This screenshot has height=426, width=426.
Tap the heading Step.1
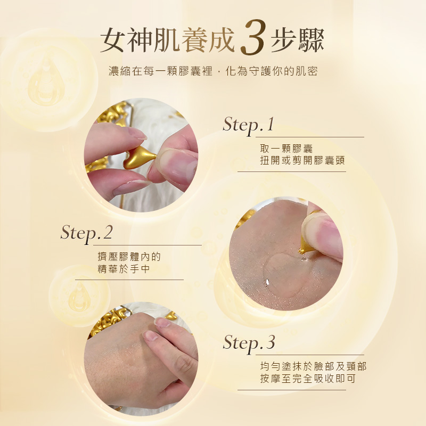[248, 125]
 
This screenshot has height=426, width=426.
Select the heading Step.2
[86, 233]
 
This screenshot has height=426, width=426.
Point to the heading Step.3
[249, 343]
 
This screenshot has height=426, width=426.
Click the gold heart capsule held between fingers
[139, 158]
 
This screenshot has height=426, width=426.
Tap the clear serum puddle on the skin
[283, 274]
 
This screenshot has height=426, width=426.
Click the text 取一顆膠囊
[286, 149]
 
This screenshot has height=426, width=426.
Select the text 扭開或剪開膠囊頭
[302, 160]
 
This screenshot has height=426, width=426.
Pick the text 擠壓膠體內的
[129, 257]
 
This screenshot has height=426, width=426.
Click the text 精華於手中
[124, 269]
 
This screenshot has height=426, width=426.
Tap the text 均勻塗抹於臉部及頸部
[313, 366]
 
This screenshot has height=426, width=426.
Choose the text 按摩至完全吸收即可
[308, 379]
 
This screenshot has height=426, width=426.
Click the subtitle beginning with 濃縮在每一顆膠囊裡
[213, 71]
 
